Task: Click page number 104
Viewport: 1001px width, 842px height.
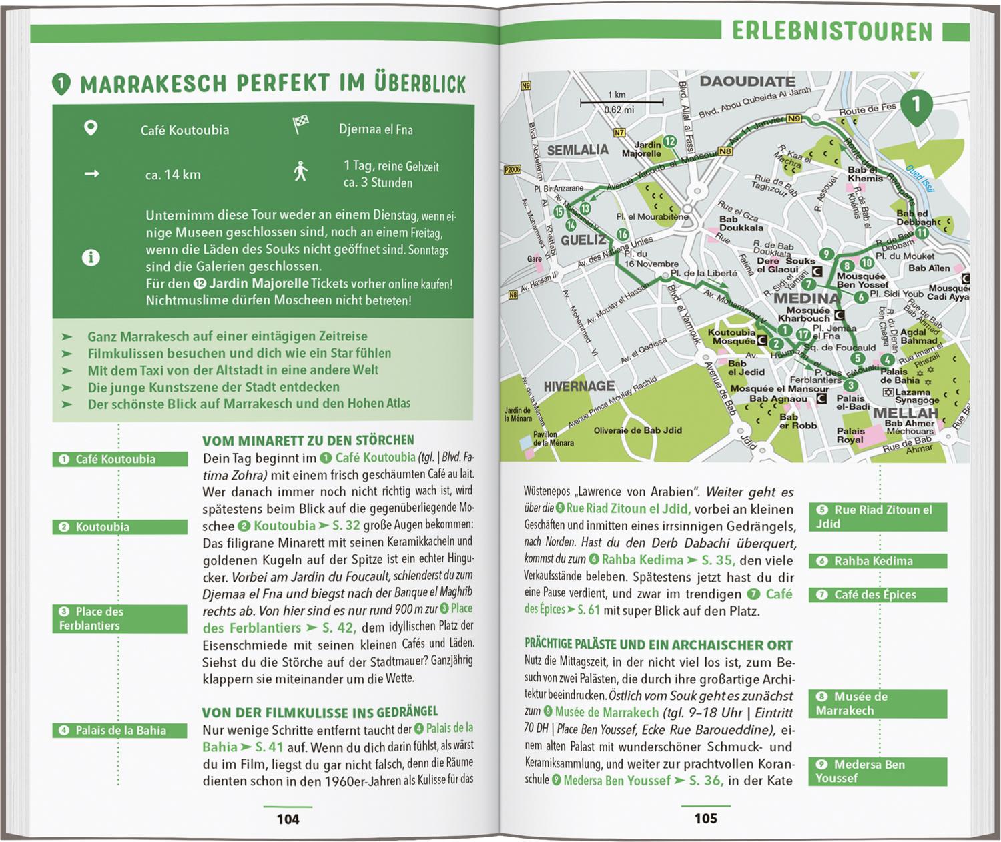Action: [288, 819]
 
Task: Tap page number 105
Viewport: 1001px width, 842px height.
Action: [705, 818]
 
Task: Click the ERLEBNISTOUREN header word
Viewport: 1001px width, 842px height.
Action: [831, 31]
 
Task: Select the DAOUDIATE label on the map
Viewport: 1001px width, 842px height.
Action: [747, 81]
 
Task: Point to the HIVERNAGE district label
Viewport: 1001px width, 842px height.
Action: [579, 386]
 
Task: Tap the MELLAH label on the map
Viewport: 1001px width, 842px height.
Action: [906, 413]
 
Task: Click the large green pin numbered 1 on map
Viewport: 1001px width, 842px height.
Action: [916, 105]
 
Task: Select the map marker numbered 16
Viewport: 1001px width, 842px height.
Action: [622, 234]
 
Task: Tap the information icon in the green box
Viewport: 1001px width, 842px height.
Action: [91, 258]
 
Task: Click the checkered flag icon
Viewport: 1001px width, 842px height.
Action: [300, 125]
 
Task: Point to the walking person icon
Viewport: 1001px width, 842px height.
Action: [301, 171]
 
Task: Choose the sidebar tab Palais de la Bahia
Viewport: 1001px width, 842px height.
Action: [120, 730]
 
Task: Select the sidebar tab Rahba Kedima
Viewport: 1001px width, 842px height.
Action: [878, 561]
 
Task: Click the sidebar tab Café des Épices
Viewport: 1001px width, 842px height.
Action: [878, 594]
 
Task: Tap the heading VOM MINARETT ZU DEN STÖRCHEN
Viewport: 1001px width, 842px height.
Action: [308, 440]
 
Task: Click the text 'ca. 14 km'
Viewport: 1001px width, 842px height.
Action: [173, 175]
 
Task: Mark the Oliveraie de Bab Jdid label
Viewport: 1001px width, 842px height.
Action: [637, 430]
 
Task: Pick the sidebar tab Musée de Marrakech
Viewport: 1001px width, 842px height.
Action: [878, 703]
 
